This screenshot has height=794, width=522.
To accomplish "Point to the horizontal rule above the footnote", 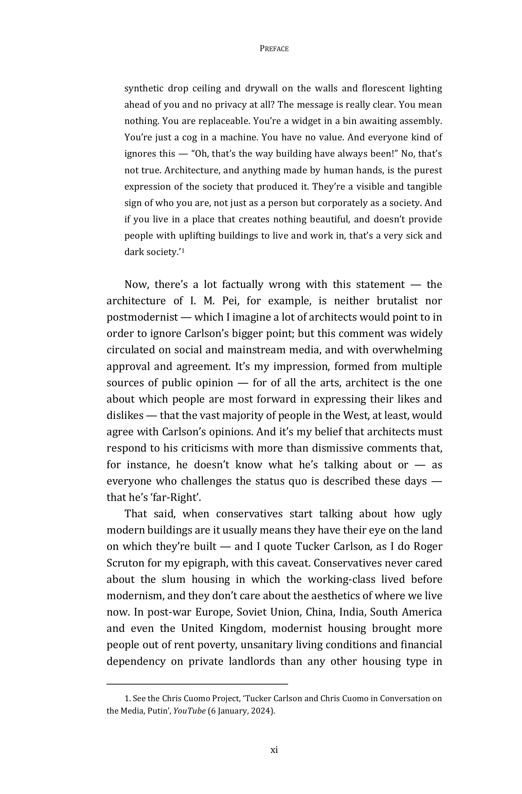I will [x=197, y=684].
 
